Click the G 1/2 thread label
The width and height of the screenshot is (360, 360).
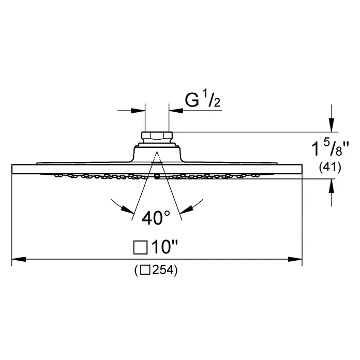[203, 100]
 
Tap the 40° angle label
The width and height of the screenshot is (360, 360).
[156, 218]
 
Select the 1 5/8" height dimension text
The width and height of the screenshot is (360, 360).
[330, 148]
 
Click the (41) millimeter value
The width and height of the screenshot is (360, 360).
[330, 168]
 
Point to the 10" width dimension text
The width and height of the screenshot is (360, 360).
[165, 247]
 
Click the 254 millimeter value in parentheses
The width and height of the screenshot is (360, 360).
[162, 270]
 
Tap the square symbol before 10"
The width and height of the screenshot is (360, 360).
[140, 247]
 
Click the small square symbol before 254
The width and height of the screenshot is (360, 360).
[145, 270]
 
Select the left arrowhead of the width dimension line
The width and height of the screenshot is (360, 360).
[19, 259]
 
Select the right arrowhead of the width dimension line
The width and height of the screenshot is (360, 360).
[295, 259]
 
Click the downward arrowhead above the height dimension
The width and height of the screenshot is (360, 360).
[332, 125]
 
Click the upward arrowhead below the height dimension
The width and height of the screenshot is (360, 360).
[332, 186]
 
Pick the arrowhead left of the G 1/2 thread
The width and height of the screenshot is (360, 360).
[138, 111]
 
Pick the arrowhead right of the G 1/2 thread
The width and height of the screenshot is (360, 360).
[176, 111]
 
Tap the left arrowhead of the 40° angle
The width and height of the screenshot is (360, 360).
[127, 208]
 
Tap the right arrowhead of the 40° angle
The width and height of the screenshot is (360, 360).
[187, 208]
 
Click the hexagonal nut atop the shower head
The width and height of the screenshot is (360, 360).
[157, 137]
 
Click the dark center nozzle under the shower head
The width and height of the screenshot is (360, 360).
[157, 177]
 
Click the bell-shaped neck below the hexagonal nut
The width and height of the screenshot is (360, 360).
[157, 154]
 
